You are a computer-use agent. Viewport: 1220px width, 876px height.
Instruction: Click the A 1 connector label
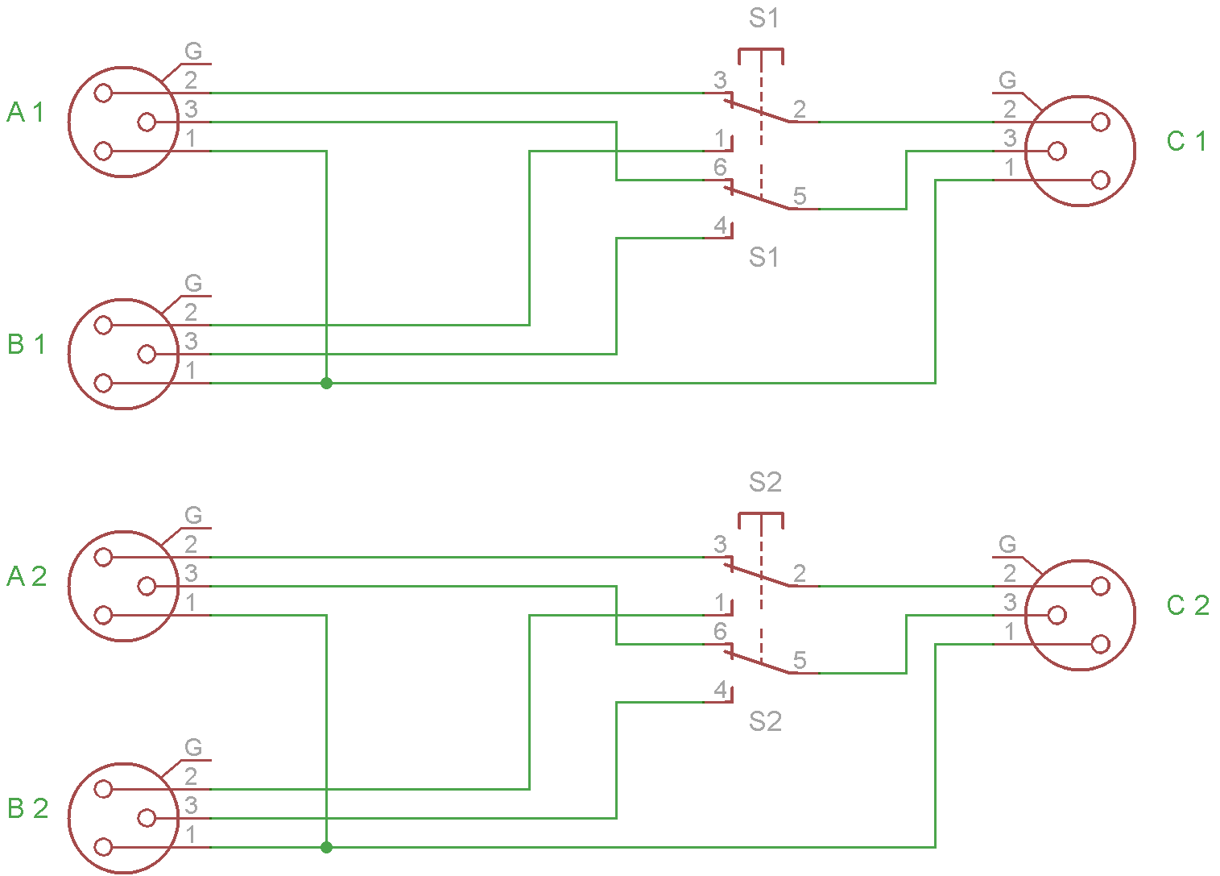pyautogui.click(x=26, y=112)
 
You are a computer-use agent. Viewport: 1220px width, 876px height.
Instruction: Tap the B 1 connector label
pyautogui.click(x=26, y=344)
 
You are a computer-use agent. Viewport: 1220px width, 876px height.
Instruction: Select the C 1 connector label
pyautogui.click(x=1186, y=142)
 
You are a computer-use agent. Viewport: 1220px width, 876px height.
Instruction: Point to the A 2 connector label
pyautogui.click(x=27, y=576)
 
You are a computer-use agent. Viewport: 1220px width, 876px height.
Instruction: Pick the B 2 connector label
pyautogui.click(x=27, y=808)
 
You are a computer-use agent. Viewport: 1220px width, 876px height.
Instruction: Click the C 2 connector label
pyautogui.click(x=1188, y=605)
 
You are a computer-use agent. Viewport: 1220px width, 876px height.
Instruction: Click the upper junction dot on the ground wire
pyautogui.click(x=326, y=384)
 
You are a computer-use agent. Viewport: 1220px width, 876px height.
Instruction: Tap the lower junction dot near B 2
pyautogui.click(x=326, y=848)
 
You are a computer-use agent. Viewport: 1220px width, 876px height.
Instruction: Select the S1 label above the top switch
pyautogui.click(x=763, y=19)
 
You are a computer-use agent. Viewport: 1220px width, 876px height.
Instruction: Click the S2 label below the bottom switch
pyautogui.click(x=764, y=721)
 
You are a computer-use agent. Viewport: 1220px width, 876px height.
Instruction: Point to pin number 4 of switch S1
pyautogui.click(x=721, y=226)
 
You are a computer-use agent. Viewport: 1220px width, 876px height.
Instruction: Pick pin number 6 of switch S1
pyautogui.click(x=720, y=168)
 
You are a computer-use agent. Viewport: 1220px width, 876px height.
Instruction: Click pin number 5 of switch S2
pyautogui.click(x=799, y=661)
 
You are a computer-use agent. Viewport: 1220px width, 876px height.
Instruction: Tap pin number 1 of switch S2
pyautogui.click(x=721, y=603)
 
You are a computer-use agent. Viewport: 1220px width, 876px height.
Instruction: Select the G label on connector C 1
pyautogui.click(x=1007, y=81)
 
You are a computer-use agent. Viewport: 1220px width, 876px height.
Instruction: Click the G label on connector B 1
pyautogui.click(x=193, y=284)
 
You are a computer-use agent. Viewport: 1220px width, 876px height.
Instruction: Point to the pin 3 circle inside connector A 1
pyautogui.click(x=147, y=122)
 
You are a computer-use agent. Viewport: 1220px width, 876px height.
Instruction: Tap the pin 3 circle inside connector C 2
pyautogui.click(x=1057, y=616)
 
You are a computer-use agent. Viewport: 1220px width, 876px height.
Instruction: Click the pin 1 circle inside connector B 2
pyautogui.click(x=103, y=847)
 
